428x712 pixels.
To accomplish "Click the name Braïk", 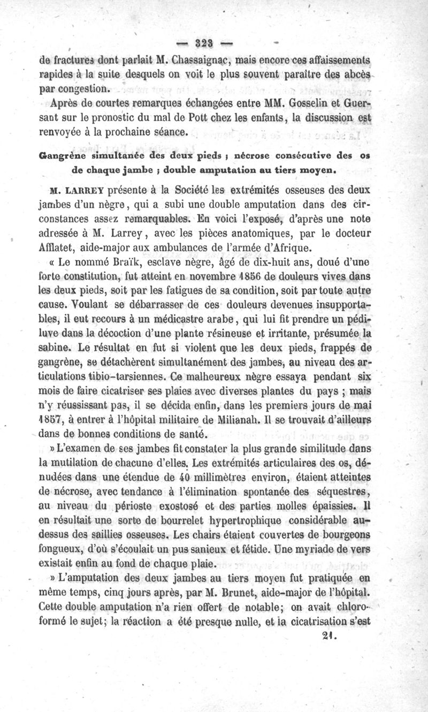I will click(x=117, y=262).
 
